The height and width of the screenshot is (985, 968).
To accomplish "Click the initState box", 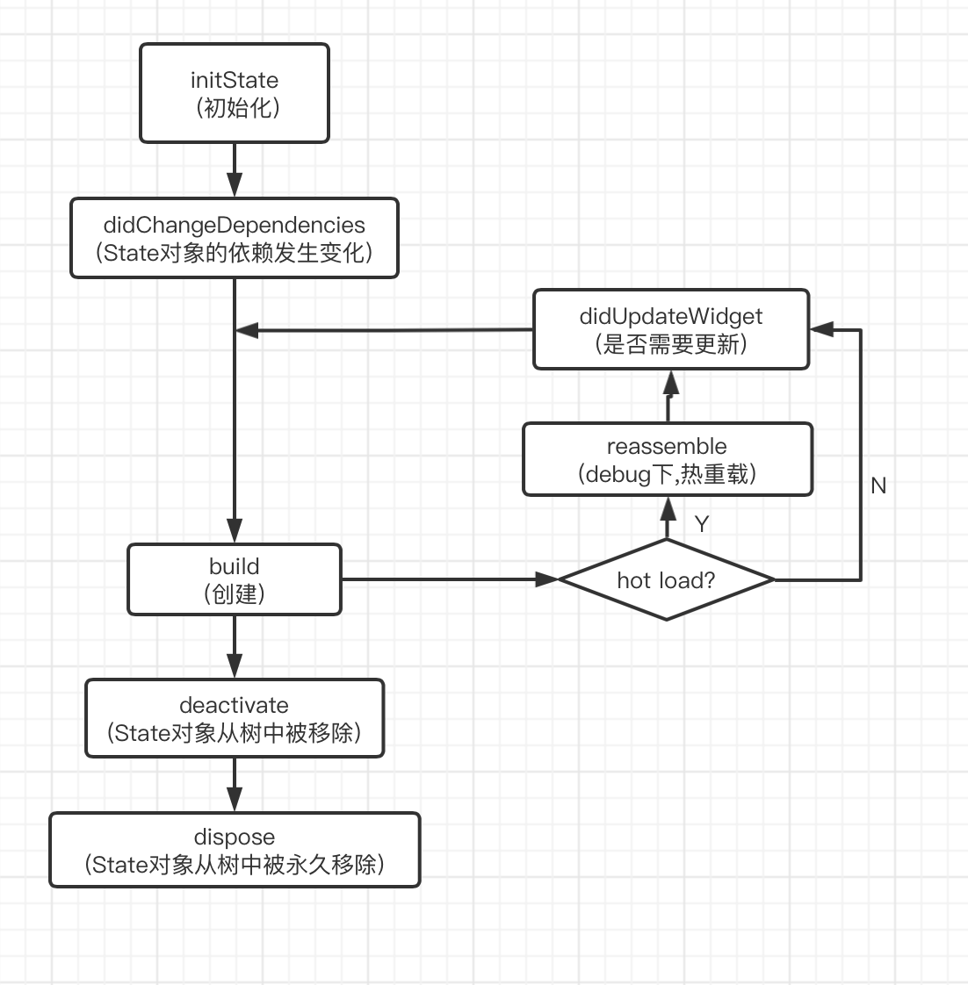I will coord(235,93).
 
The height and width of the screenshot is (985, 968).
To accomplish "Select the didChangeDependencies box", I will coord(235,239).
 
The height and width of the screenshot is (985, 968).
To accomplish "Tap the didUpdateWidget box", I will coord(671,329).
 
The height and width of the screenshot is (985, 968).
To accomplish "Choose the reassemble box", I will coord(668,459).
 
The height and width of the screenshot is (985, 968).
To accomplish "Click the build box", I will coord(235,579).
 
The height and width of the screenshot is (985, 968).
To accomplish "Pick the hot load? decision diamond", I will coord(667,579).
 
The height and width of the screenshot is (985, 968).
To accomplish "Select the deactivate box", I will coord(235,718).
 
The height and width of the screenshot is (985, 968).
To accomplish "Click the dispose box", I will coord(235,850).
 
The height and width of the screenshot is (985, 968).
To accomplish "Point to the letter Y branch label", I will coord(701,524).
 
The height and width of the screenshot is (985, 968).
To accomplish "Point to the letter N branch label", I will coord(878,485).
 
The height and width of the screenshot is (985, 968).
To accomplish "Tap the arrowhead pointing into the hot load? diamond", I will coord(547,579).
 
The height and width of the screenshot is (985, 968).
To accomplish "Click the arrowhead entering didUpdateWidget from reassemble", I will coord(671,382).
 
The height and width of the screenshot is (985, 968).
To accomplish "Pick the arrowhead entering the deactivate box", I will coord(235,666).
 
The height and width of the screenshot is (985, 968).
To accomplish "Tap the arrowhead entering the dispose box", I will coord(235,800).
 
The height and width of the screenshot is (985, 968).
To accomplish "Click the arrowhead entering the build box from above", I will coord(235,531).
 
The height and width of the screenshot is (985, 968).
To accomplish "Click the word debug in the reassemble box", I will coord(617,474).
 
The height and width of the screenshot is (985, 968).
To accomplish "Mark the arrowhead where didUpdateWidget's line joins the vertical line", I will coord(247,331).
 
